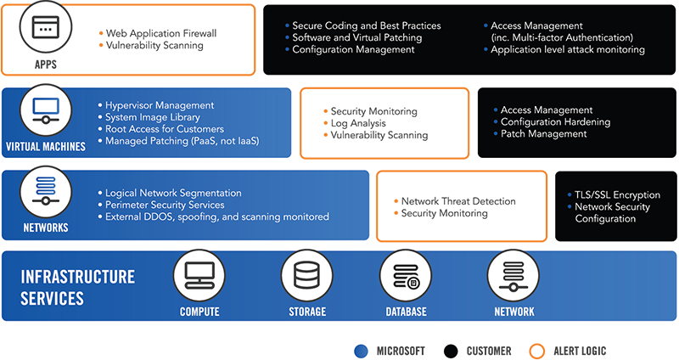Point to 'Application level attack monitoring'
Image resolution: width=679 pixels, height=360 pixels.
click(568, 50)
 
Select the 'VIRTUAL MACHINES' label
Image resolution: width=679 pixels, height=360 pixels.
click(46, 146)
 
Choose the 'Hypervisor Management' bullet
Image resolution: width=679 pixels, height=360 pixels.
click(159, 105)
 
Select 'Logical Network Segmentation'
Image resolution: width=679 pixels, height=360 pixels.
click(173, 193)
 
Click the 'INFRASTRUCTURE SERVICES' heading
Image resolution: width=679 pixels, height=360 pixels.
click(77, 287)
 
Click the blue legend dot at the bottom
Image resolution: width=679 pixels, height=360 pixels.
click(361, 351)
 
